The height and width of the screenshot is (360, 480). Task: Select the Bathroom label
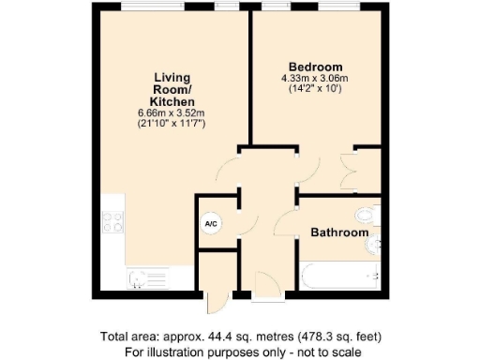click(338, 232)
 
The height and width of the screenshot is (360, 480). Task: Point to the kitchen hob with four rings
click(114, 223)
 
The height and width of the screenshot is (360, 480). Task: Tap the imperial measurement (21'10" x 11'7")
click(173, 123)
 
